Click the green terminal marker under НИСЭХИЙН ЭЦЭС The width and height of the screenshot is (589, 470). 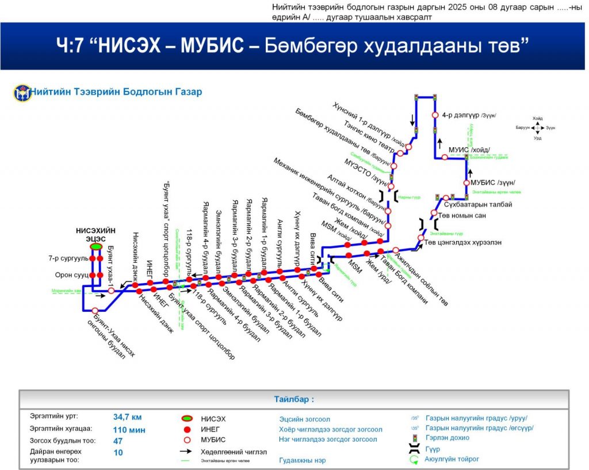pyautogui.click(x=95, y=246)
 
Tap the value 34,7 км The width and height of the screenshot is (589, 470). pyautogui.click(x=127, y=417)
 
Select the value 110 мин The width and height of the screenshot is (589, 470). pyautogui.click(x=129, y=429)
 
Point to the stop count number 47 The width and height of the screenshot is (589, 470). pyautogui.click(x=118, y=441)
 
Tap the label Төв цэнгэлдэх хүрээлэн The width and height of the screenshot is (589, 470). pyautogui.click(x=462, y=242)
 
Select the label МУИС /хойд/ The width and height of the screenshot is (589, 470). pyautogui.click(x=469, y=150)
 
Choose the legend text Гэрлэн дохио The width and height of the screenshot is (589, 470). pyautogui.click(x=447, y=438)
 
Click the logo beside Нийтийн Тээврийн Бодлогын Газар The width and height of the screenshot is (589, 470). pyautogui.click(x=22, y=92)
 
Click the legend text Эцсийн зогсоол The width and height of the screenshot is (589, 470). pyautogui.click(x=304, y=419)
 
